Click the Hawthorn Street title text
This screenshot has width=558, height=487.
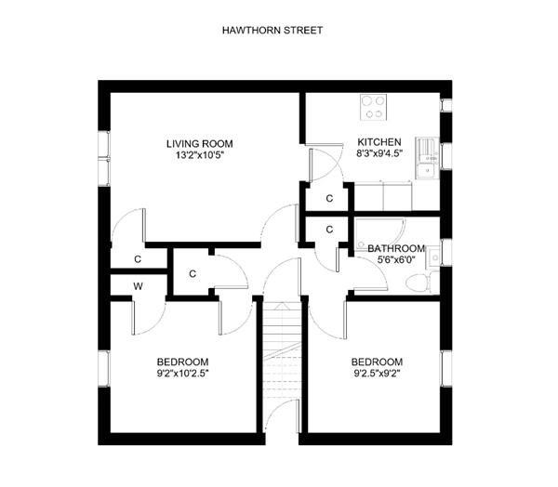[272, 31]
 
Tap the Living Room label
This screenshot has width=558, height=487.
[200, 144]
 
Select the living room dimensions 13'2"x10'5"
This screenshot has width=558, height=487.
[200, 155]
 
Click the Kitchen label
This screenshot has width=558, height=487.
[379, 142]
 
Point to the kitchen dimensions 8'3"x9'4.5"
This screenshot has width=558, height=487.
[379, 153]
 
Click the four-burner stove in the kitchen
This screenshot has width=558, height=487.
[373, 107]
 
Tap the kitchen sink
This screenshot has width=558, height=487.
[428, 158]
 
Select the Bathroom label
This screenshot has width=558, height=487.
[396, 248]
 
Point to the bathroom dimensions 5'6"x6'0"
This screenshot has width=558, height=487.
[396, 259]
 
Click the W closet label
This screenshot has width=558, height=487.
[138, 286]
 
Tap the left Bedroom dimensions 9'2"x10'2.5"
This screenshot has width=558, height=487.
[182, 374]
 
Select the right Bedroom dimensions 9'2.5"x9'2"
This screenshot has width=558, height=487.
[377, 374]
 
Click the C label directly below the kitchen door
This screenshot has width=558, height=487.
[329, 199]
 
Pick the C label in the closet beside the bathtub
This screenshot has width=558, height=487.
[329, 230]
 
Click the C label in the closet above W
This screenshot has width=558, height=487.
[138, 259]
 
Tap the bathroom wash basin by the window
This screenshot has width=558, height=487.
[433, 257]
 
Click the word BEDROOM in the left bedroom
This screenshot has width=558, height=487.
[182, 362]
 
